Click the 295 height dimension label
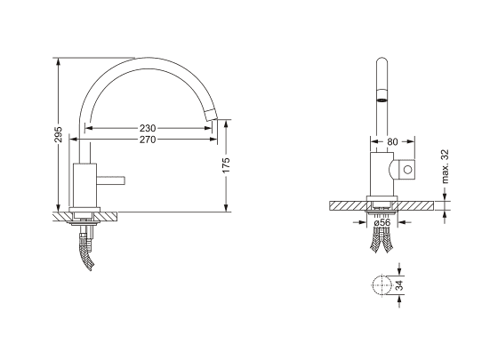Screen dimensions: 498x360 point(58,134)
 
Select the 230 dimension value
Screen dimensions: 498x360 point(148,128)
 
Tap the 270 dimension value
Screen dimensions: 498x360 point(148,140)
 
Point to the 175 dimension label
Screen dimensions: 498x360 point(226,165)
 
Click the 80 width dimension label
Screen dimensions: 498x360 point(392,142)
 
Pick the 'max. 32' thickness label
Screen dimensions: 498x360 point(445,166)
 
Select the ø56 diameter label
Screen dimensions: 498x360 point(382,222)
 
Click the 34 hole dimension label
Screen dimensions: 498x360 point(400,285)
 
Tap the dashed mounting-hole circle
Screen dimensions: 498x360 point(382,284)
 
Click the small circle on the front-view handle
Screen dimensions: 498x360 point(408,170)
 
